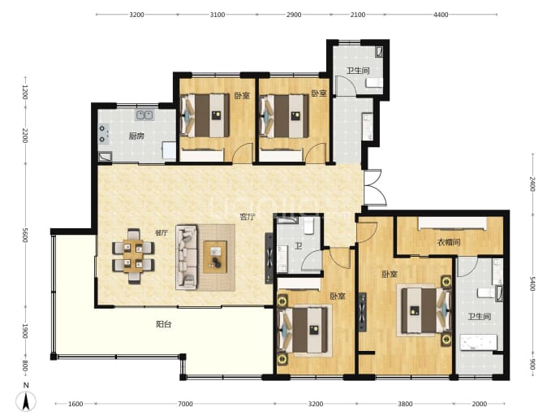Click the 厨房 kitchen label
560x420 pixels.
(136, 136)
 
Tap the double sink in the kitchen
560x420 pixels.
(144, 115)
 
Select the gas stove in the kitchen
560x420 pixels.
(103, 134)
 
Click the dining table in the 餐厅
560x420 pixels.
(133, 255)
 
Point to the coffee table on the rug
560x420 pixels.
(215, 257)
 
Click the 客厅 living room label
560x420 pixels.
(248, 217)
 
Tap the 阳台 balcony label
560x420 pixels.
(164, 324)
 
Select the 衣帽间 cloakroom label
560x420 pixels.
(449, 242)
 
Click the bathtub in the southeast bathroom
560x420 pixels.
(478, 343)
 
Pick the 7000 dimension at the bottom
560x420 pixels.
(185, 404)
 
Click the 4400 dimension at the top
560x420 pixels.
(441, 15)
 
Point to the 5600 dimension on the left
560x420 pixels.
(25, 235)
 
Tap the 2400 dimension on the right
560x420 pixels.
(532, 184)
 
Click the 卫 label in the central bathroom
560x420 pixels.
(299, 246)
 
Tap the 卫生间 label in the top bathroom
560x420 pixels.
(358, 71)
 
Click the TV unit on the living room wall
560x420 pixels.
(269, 258)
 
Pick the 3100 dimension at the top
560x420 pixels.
(218, 15)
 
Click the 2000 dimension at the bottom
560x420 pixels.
(480, 404)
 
